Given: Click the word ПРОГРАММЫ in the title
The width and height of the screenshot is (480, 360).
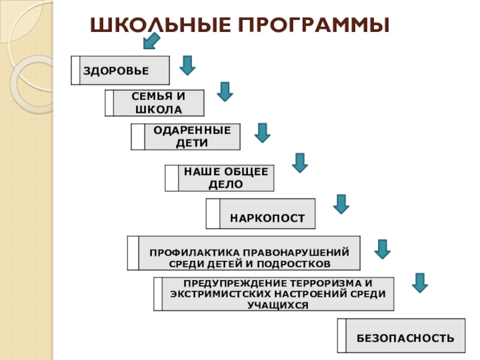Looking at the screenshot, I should point(311,25).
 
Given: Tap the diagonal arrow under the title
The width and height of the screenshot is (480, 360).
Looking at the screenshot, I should point(151,41).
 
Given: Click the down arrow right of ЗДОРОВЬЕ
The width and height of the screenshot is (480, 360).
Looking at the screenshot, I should point(188,65).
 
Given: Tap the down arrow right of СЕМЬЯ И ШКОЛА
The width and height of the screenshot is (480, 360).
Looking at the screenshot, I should point(224,92).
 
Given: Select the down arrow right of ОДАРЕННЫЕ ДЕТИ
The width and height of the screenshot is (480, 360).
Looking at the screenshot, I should point(262,133).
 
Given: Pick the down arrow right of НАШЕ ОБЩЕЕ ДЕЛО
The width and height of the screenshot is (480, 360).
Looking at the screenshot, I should point(299,163).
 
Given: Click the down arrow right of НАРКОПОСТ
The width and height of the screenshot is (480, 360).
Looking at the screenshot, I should point(341,204).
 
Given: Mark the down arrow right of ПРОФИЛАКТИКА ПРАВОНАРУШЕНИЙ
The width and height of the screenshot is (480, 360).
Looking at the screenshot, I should point(382,248).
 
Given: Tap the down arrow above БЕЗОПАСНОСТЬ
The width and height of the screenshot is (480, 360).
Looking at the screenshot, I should point(420,283).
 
